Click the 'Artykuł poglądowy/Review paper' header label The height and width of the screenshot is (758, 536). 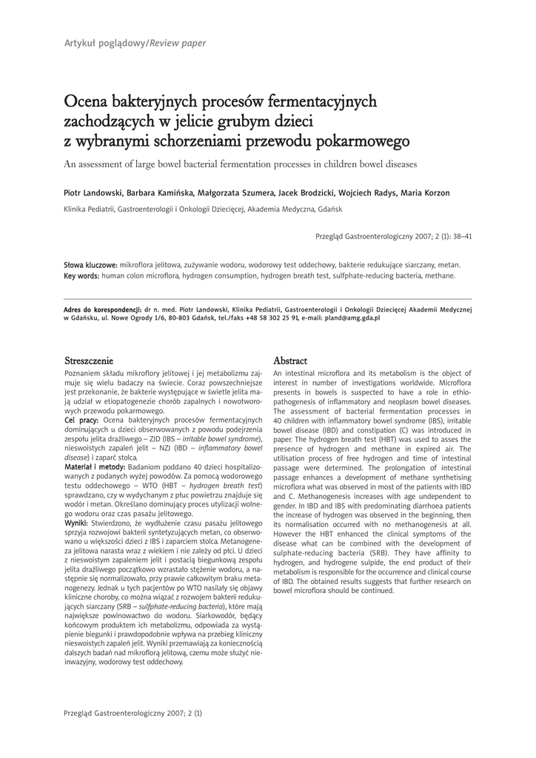[135, 44]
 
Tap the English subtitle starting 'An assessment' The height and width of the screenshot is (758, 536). [241, 163]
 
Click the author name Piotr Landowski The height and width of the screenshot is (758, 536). [93, 193]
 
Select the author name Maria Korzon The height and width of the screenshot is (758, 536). [425, 193]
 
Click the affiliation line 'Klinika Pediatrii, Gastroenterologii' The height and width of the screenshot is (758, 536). [198, 209]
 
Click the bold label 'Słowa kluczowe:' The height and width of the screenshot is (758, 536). [91, 264]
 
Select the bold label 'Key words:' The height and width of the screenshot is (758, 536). [81, 275]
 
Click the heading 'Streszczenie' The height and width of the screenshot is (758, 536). [89, 360]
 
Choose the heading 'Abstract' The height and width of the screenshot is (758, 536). [290, 360]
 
